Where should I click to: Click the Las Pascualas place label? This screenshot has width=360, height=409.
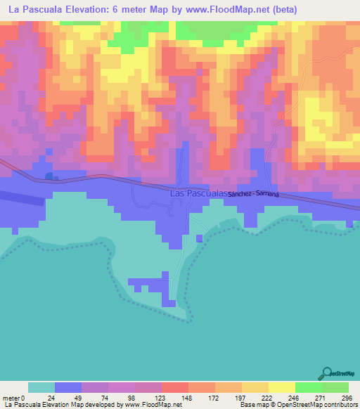click(x=198, y=193)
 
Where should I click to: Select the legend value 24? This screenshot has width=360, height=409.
click(x=41, y=398)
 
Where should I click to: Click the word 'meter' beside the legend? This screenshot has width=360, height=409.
click(x=11, y=398)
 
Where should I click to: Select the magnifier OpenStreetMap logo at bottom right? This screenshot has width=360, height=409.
click(x=326, y=373)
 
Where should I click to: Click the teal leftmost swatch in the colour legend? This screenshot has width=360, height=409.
click(x=41, y=387)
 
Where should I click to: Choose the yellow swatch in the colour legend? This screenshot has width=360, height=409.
click(x=282, y=387)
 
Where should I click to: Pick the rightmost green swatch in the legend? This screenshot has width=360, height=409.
click(x=335, y=387)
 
